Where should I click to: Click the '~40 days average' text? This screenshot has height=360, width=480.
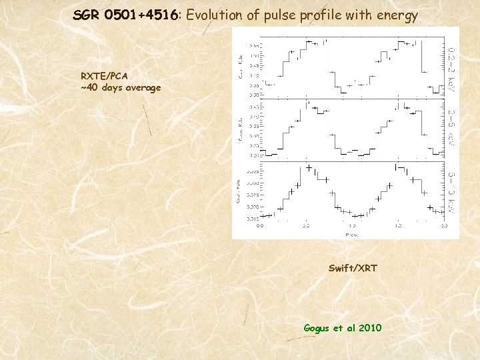[x=121, y=87]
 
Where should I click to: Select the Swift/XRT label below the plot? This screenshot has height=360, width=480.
[x=353, y=268]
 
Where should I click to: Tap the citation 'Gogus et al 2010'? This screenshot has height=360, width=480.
[x=343, y=327]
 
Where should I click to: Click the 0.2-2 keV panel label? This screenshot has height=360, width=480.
[x=451, y=69]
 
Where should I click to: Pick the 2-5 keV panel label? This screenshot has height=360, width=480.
[x=451, y=128]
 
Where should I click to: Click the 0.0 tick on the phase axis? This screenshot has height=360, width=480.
[x=260, y=226]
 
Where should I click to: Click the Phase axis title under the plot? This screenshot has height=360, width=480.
[x=351, y=235]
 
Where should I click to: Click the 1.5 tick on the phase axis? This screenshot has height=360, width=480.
[x=398, y=226]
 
